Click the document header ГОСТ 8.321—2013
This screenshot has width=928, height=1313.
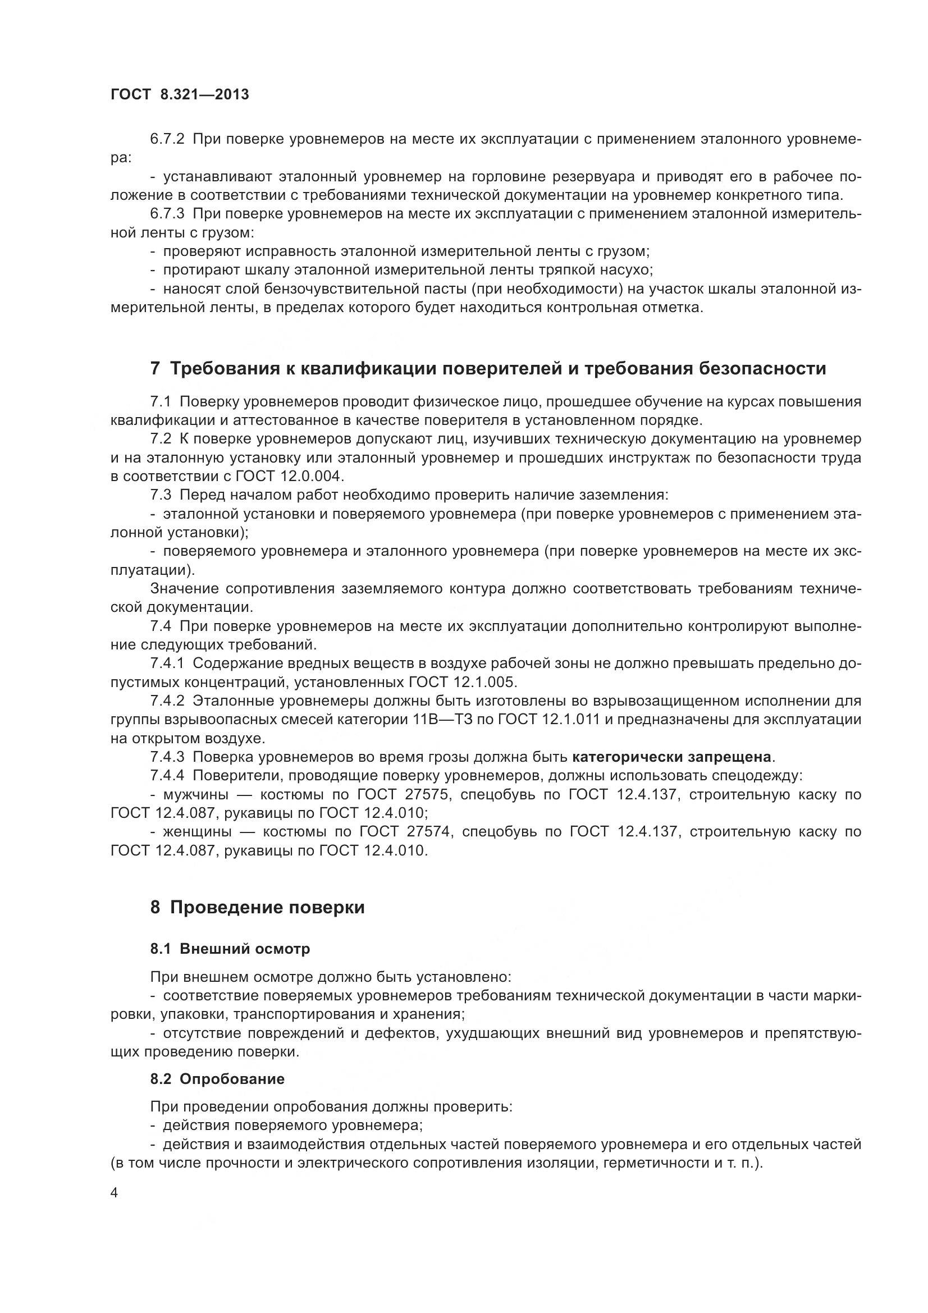180,95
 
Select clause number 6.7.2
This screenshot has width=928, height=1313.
167,139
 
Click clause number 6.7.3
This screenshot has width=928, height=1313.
167,214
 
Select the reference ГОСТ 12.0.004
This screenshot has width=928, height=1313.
295,477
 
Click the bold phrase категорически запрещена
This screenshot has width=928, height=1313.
672,757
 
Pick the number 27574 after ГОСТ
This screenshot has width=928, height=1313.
431,832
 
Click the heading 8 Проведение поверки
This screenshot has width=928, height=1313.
257,908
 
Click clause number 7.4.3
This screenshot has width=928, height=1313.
167,757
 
